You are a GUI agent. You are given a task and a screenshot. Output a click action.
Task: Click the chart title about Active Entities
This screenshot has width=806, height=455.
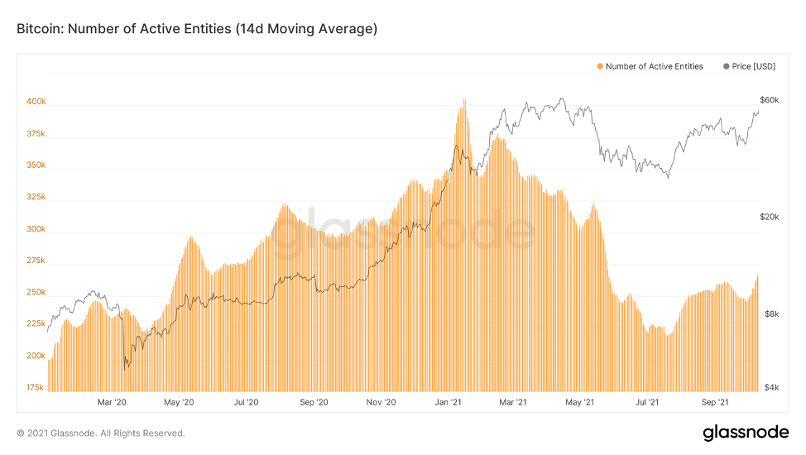[197, 29]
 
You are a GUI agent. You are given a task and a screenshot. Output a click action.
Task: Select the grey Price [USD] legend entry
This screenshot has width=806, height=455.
[749, 66]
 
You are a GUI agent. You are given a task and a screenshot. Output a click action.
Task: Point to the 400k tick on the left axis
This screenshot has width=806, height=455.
[36, 102]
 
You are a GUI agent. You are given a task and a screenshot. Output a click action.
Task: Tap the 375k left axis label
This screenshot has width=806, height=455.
[36, 134]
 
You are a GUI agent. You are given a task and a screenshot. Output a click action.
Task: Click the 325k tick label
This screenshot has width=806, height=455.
[36, 198]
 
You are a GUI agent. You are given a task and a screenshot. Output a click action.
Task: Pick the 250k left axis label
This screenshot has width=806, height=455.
[36, 293]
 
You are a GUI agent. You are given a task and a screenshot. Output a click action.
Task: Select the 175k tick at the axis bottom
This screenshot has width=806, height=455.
[36, 387]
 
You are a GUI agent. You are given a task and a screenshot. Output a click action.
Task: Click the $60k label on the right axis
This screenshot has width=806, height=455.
[769, 100]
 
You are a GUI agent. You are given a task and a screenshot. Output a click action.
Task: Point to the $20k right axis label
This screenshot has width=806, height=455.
[769, 217]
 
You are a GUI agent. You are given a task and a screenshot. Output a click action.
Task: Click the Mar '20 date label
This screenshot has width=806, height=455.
[112, 403]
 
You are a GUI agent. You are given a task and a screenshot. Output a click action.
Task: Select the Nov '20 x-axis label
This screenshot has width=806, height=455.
[381, 403]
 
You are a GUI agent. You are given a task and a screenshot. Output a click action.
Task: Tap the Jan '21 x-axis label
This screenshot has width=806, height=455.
[449, 403]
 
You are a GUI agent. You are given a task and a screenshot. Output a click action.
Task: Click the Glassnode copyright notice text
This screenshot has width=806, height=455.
[101, 433]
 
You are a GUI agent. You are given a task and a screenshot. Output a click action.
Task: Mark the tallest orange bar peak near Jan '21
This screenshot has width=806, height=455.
[464, 101]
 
